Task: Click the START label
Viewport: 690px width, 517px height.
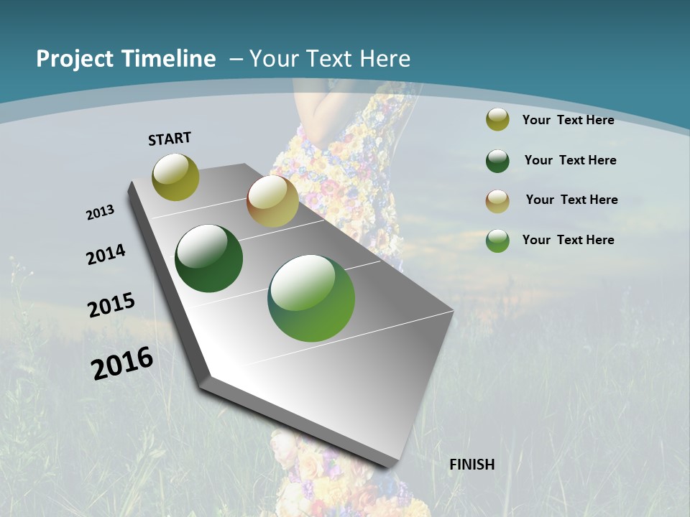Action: (170, 139)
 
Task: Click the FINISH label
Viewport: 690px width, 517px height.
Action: (472, 465)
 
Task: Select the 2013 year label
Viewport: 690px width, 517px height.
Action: (101, 212)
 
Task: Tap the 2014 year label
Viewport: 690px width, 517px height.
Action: (106, 254)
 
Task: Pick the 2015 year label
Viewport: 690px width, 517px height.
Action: (111, 304)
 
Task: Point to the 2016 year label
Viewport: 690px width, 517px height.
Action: (122, 363)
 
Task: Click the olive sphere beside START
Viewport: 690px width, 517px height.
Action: (175, 177)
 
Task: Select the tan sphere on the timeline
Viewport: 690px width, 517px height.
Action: (272, 201)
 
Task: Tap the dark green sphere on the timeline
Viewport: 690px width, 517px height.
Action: (209, 258)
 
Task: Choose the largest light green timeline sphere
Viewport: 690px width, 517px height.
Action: (311, 298)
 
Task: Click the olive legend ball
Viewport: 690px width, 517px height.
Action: (497, 120)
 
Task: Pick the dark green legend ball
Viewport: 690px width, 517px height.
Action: (497, 161)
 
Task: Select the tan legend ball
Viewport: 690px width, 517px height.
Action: (497, 201)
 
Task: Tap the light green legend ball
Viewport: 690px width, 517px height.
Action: (497, 241)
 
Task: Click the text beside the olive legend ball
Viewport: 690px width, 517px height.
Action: (569, 120)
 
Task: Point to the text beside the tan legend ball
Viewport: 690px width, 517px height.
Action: (571, 200)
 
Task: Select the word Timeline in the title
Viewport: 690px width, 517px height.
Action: (170, 59)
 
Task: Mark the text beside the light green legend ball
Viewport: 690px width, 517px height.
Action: (569, 240)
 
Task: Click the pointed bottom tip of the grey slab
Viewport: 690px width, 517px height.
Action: (388, 463)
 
